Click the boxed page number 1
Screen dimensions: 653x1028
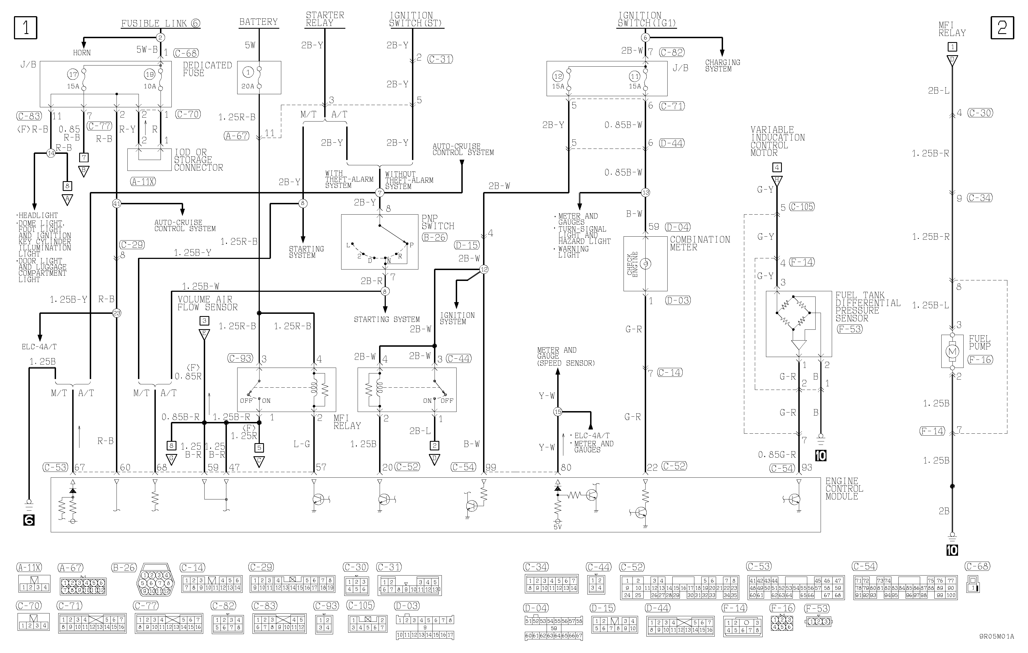pyautogui.click(x=26, y=28)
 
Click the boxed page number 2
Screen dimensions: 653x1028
pyautogui.click(x=1002, y=28)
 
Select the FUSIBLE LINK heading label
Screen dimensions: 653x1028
pyautogui.click(x=160, y=23)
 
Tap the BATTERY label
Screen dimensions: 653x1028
pyautogui.click(x=258, y=22)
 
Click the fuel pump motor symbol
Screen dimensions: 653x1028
pyautogui.click(x=952, y=351)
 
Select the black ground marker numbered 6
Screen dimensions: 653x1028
pyautogui.click(x=29, y=520)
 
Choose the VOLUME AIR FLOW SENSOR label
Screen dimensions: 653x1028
pyautogui.click(x=207, y=304)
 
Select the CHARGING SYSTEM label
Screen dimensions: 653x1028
pyautogui.click(x=722, y=65)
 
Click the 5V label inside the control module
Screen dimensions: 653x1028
pyautogui.click(x=557, y=527)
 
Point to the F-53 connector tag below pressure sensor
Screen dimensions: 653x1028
pyautogui.click(x=850, y=329)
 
